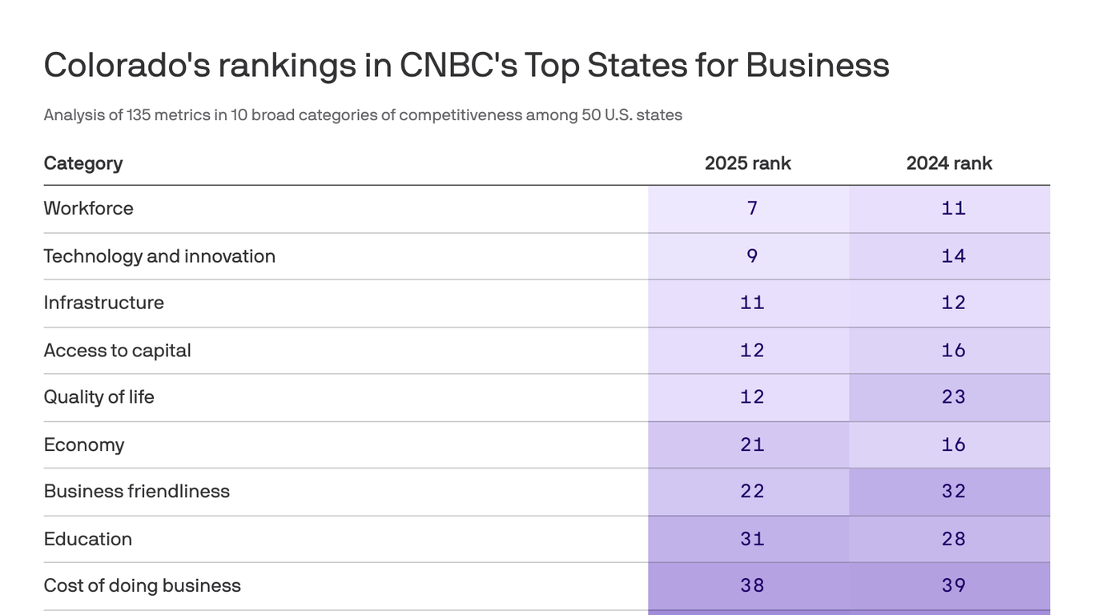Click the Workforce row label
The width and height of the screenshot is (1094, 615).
88,208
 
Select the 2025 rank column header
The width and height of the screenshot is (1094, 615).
747,163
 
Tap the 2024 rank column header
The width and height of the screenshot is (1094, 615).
949,163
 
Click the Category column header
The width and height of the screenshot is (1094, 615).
83,163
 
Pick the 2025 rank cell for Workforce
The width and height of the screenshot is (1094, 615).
751,208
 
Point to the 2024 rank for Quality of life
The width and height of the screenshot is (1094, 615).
953,397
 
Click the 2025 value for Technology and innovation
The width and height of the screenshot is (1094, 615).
751,256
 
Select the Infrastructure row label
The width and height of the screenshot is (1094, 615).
103,303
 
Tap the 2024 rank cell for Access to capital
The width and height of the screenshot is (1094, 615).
953,350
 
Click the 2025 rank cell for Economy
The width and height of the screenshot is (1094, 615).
751,444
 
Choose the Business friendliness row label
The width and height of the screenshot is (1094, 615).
136,491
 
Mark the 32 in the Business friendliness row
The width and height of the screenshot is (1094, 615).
953,491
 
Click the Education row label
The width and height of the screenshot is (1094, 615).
87,539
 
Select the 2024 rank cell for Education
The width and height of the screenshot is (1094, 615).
953,539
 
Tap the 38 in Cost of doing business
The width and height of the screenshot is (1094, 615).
751,585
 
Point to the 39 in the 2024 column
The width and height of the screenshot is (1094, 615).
953,585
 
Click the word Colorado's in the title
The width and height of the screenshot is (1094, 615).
127,65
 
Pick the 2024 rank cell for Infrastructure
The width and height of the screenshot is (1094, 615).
953,303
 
